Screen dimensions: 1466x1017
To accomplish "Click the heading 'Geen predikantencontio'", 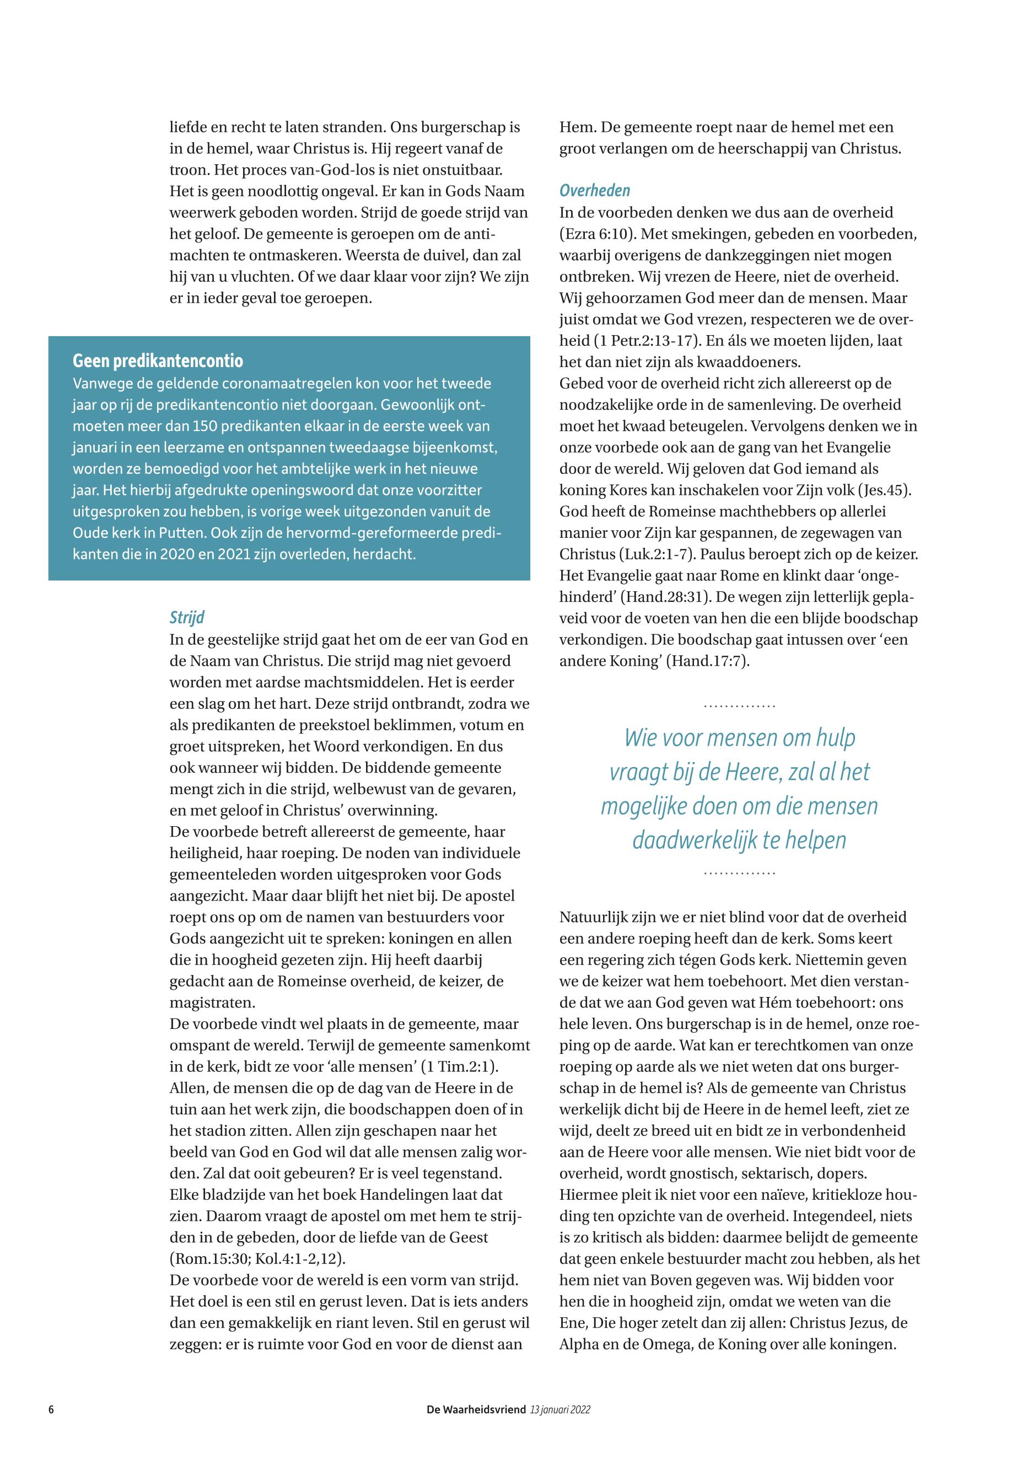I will tap(158, 361).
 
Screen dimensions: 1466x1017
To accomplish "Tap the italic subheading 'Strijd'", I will tap(187, 617).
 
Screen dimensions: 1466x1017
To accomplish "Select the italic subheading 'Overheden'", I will tap(595, 191).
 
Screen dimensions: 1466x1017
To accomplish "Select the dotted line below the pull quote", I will tap(739, 873).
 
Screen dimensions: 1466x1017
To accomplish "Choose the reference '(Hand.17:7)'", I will tap(707, 661).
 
